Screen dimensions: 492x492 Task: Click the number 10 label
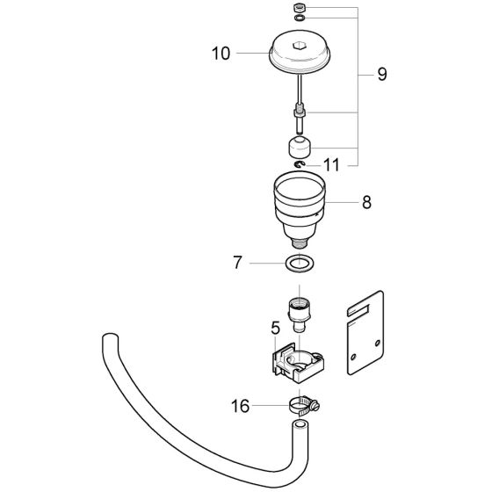pyautogui.click(x=220, y=54)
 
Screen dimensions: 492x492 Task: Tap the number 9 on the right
pyautogui.click(x=381, y=76)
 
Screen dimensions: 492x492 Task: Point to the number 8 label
pyautogui.click(x=365, y=202)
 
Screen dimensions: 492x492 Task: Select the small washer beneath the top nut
pyautogui.click(x=300, y=18)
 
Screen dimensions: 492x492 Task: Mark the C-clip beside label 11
pyautogui.click(x=300, y=164)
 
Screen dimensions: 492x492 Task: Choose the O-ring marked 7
pyautogui.click(x=300, y=263)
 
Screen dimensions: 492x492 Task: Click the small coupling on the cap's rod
pyautogui.click(x=300, y=112)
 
